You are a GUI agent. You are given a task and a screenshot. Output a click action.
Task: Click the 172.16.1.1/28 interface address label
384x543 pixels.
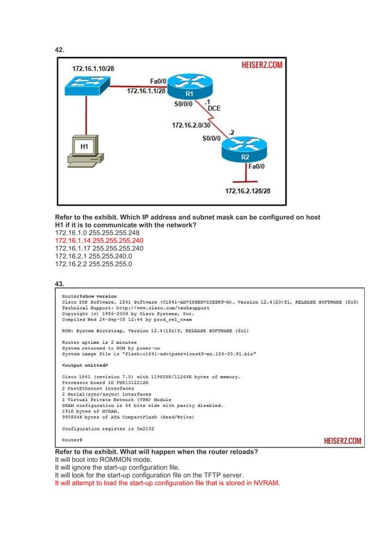pyautogui.click(x=146, y=91)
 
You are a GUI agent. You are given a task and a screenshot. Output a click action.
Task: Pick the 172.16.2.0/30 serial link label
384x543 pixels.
pyautogui.click(x=192, y=126)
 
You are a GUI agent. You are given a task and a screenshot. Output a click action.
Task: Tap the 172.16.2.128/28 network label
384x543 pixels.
pyautogui.click(x=248, y=191)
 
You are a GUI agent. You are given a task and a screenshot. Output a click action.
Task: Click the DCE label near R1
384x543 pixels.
pyautogui.click(x=214, y=108)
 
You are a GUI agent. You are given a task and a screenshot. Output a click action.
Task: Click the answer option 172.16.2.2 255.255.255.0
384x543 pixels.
pyautogui.click(x=93, y=263)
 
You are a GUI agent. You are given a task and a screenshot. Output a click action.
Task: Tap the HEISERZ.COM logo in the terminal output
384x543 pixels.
pyautogui.click(x=339, y=441)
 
